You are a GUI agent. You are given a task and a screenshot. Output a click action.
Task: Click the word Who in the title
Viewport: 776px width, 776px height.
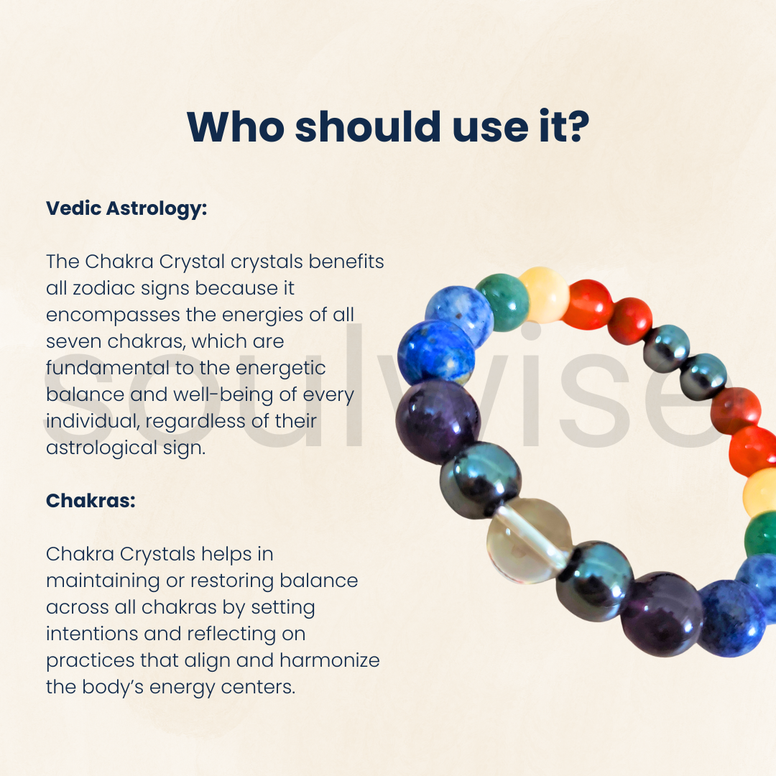[x=236, y=126]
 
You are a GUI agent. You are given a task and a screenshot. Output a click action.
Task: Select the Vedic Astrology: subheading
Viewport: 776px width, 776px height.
[x=126, y=209]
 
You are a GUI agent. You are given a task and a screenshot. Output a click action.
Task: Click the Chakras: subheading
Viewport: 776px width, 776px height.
[x=91, y=500]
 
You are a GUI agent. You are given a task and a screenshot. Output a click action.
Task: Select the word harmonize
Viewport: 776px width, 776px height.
[x=330, y=660]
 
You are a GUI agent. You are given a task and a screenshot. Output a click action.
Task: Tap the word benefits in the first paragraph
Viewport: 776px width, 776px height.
[x=346, y=262]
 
